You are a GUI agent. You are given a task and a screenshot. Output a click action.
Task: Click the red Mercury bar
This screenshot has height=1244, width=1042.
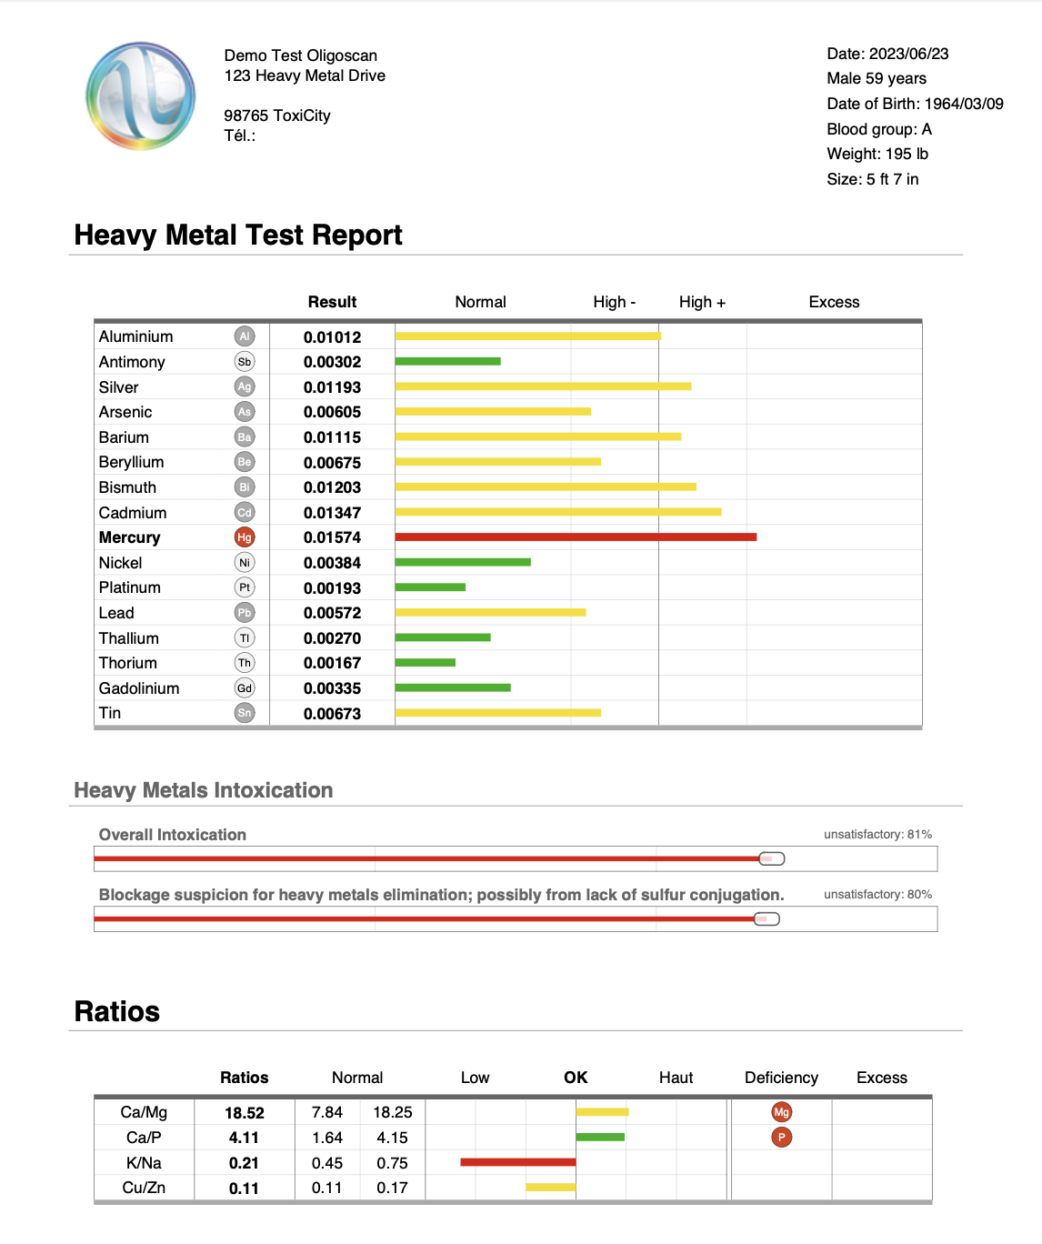click(x=576, y=537)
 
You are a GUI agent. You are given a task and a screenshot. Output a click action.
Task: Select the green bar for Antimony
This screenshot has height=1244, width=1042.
click(x=447, y=362)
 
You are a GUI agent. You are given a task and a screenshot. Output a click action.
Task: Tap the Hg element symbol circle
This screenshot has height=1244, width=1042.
click(x=245, y=537)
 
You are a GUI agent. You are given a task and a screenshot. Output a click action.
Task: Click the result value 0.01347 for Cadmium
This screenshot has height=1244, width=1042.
click(x=332, y=513)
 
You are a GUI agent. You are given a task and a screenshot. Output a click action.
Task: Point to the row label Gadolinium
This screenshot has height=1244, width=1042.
click(x=139, y=688)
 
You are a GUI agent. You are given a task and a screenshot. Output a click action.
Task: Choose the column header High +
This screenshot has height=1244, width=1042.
click(x=702, y=302)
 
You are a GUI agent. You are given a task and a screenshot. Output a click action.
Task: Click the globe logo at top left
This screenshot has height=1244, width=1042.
click(x=140, y=95)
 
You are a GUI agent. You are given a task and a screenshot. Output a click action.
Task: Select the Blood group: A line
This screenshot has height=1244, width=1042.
click(x=878, y=129)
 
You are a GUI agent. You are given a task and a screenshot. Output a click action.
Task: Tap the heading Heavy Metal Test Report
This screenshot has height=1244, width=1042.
click(x=238, y=235)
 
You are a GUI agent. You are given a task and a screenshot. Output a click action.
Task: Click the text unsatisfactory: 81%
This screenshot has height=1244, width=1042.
click(x=877, y=834)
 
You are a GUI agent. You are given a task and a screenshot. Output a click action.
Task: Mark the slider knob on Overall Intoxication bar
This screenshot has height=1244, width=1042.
click(x=772, y=858)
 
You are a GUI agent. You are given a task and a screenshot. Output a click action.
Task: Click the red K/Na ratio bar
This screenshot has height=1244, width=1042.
click(x=517, y=1162)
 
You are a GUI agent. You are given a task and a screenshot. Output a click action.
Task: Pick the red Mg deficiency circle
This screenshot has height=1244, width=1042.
click(x=781, y=1112)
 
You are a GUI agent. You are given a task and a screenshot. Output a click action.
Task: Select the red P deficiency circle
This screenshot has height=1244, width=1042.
click(x=781, y=1137)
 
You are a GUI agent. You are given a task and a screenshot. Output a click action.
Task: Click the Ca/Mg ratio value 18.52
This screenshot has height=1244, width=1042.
click(x=245, y=1113)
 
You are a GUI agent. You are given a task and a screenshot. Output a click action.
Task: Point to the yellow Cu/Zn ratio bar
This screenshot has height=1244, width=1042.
click(x=550, y=1188)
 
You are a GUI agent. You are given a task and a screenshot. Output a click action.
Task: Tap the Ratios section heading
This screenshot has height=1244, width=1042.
click(x=117, y=1011)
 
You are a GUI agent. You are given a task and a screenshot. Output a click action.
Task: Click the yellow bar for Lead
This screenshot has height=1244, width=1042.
click(x=490, y=613)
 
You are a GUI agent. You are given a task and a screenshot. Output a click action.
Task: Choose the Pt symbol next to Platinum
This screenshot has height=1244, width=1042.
click(x=245, y=587)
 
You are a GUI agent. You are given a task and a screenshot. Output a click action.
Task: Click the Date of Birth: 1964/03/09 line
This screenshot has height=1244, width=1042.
click(x=915, y=104)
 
